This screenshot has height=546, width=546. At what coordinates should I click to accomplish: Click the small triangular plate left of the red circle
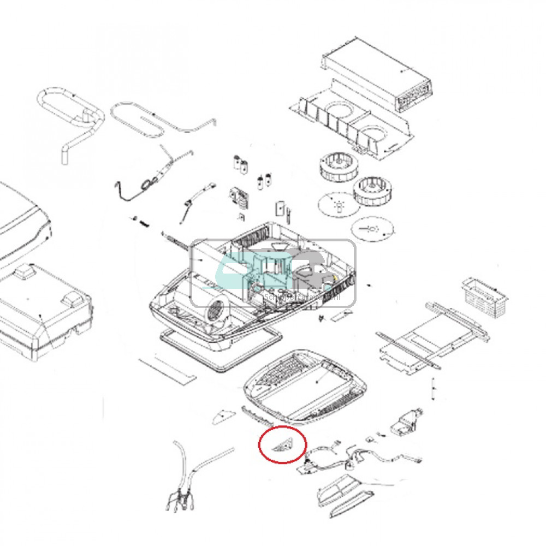click(223, 417)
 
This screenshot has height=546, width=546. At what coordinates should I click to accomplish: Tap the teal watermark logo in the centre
click(273, 271)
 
